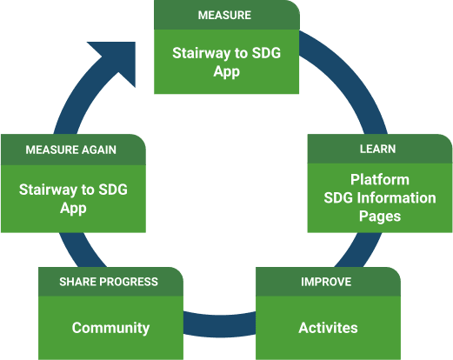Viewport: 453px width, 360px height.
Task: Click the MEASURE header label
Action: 224,16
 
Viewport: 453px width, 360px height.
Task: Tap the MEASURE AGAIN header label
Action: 70,150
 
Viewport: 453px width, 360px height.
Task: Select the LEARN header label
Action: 377,150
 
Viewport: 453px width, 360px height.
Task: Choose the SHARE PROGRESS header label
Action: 109,282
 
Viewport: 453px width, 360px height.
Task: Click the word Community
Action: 110,328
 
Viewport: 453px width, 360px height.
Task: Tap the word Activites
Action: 328,328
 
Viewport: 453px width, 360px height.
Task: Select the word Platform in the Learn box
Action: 379,180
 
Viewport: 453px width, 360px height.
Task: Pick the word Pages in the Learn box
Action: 379,216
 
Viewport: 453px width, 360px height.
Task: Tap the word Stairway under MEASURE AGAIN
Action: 54,189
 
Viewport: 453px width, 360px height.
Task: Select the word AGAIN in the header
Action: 97,150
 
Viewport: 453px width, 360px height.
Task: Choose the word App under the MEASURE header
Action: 226,71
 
